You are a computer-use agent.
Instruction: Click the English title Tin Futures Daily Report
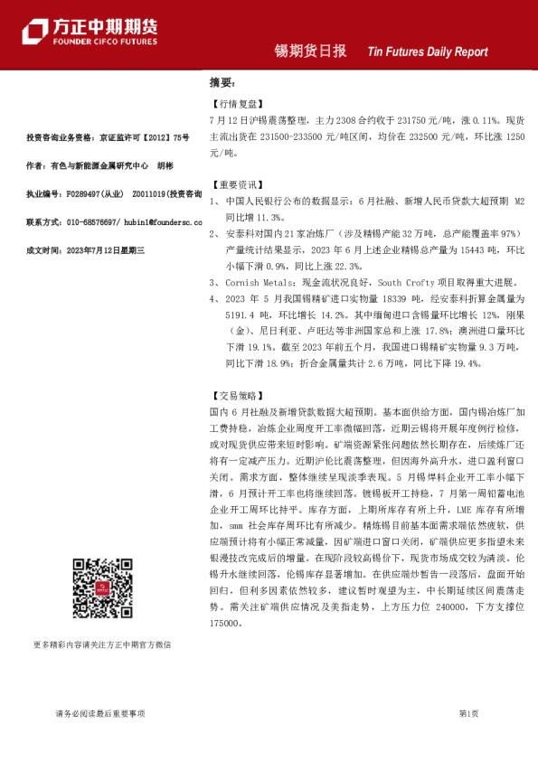(x=428, y=52)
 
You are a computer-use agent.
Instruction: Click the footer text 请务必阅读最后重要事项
(x=99, y=714)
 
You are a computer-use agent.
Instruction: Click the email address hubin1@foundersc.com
(x=155, y=221)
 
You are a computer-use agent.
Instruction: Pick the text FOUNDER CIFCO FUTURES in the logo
(x=106, y=42)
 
